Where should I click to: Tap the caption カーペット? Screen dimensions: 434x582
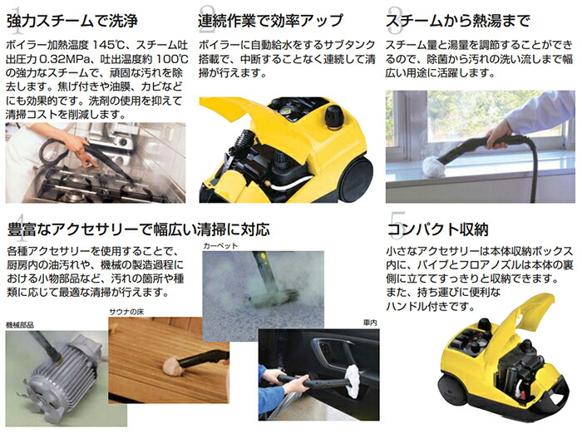(x=220, y=247)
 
